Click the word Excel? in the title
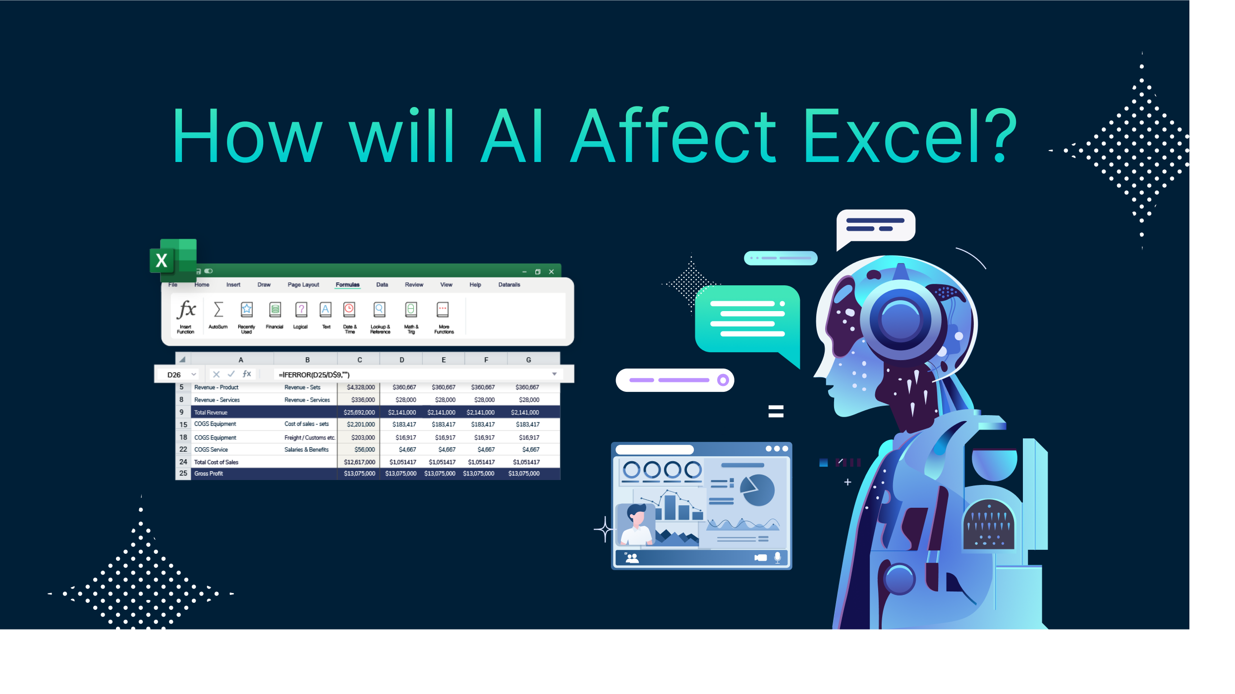click(x=909, y=136)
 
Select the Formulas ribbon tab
click(x=347, y=285)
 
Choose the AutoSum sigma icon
click(x=218, y=311)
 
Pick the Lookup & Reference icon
click(x=380, y=311)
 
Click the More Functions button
click(x=443, y=311)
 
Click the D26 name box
click(x=174, y=375)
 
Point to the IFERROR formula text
click(x=314, y=375)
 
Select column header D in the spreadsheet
click(x=401, y=360)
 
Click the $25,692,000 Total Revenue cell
click(x=359, y=413)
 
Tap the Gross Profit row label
click(x=209, y=474)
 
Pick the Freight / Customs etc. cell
click(x=310, y=438)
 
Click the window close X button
click(x=551, y=272)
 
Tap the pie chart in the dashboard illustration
click(x=757, y=490)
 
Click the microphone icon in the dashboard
click(x=777, y=557)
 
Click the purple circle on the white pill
click(x=723, y=380)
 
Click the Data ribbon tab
click(x=382, y=285)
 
